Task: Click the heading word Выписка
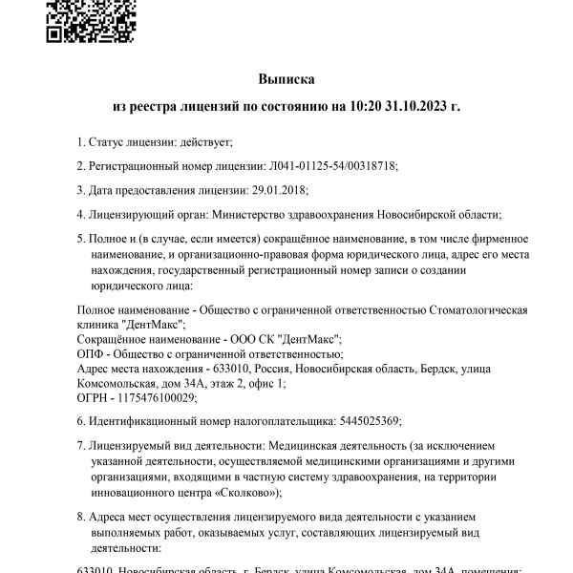tap(286, 78)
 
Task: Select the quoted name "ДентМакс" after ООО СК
tap(309, 339)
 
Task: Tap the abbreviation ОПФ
tap(89, 353)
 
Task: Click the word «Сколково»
tap(248, 493)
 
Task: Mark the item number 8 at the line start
tap(79, 518)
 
